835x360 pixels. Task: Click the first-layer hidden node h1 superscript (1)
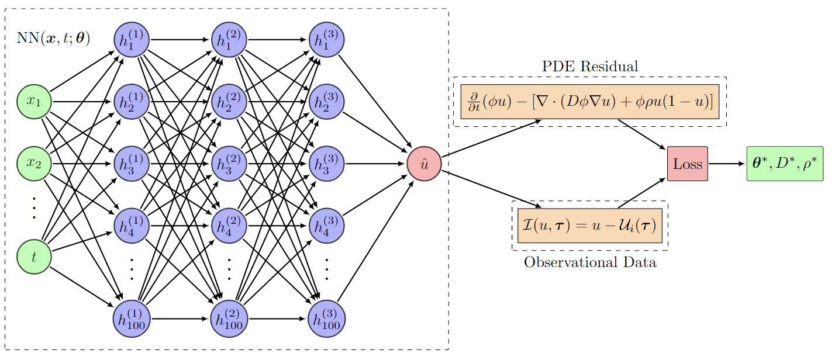[x=132, y=40]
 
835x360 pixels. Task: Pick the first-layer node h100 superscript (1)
[x=132, y=319]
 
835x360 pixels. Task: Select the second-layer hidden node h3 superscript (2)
[x=229, y=163]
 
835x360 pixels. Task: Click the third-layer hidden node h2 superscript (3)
[x=327, y=102]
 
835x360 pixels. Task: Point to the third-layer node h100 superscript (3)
[x=327, y=319]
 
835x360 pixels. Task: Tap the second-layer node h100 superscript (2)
[x=229, y=319]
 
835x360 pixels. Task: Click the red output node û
[x=424, y=164]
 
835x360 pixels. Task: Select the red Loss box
[x=687, y=164]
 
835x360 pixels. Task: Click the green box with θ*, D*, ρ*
[x=785, y=164]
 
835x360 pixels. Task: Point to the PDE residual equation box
[x=589, y=102]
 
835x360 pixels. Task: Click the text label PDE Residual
[x=589, y=66]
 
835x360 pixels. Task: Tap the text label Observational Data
[x=589, y=262]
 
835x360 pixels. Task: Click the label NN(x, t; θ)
[x=53, y=39]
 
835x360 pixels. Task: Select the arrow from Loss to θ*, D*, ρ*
[x=727, y=164]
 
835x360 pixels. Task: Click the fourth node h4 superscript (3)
[x=327, y=225]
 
